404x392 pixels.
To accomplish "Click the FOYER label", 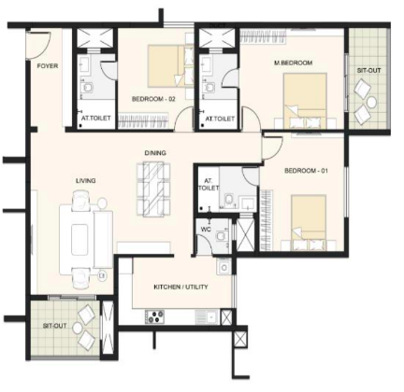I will (47, 66).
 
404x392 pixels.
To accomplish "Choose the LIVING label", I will (87, 180).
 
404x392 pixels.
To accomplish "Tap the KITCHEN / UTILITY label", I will (181, 287).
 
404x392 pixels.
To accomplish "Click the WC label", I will (207, 228).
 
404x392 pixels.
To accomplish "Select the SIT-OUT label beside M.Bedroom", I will (368, 70).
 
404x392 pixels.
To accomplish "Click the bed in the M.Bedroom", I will (304, 98).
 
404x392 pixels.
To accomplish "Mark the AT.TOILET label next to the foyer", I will (93, 119).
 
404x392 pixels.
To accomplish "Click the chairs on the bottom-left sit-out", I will (87, 322).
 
